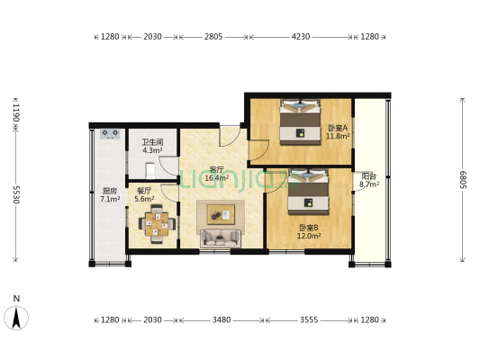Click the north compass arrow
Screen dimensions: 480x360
(16, 318)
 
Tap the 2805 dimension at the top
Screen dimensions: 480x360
(213, 37)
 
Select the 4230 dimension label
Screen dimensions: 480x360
(301, 37)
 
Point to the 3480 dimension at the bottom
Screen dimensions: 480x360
(222, 319)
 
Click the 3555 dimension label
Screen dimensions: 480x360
(309, 319)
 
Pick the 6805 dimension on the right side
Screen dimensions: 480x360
(463, 179)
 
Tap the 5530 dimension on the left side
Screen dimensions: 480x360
(16, 194)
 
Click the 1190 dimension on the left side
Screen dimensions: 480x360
(16, 112)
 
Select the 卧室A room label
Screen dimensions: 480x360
(338, 128)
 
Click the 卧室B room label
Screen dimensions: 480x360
(309, 228)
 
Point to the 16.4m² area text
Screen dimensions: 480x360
(217, 177)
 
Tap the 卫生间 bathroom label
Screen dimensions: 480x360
(152, 142)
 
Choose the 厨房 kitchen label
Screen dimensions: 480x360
(110, 191)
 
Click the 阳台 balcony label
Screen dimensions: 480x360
(369, 176)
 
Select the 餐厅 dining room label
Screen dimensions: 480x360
(144, 191)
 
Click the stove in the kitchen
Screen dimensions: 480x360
(110, 134)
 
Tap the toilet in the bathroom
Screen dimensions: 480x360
(150, 171)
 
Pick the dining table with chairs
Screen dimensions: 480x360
(157, 224)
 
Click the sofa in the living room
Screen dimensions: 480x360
(221, 238)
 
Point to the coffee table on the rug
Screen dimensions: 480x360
(221, 214)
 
